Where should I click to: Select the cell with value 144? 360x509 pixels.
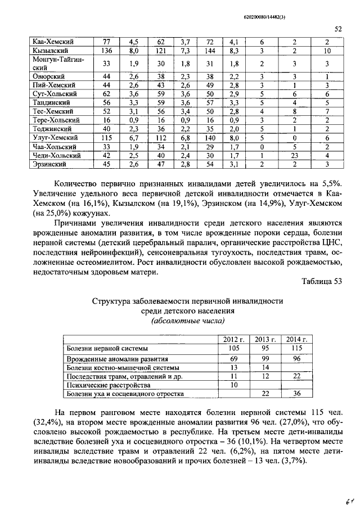click(x=211, y=51)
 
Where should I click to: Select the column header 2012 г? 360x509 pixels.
click(x=234, y=339)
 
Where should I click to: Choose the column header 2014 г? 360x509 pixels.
click(x=297, y=339)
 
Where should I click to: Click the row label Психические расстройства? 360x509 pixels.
click(x=109, y=385)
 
